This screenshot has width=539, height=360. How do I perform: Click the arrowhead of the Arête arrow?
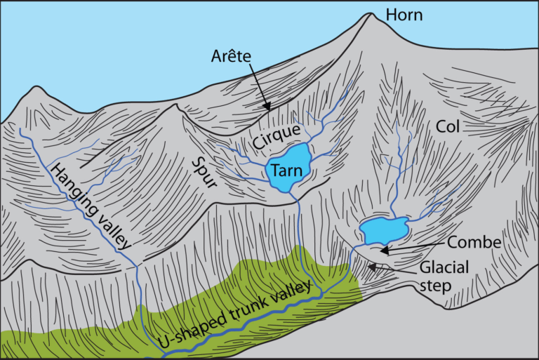coord(269,108)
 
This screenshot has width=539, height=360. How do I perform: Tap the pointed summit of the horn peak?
coord(368,13)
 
